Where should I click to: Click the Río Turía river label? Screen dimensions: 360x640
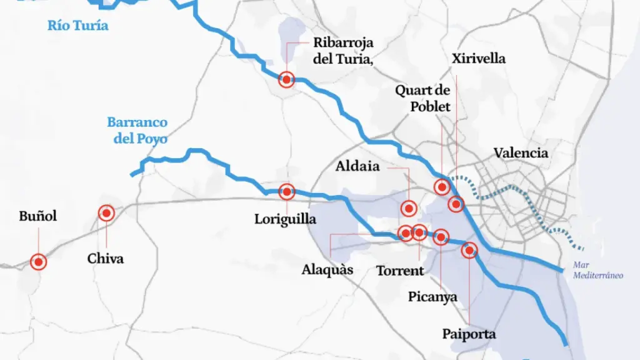78,26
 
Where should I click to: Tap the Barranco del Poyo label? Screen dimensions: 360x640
137,131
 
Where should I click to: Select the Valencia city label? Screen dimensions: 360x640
521,153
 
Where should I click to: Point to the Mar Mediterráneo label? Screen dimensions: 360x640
599,271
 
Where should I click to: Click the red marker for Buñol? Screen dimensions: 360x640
39,262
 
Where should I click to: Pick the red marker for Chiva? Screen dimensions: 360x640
106,213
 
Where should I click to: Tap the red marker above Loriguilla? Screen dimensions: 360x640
286,192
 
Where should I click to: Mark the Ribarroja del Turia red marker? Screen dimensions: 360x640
286,79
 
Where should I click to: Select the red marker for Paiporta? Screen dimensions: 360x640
469,251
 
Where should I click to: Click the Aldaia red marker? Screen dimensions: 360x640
409,208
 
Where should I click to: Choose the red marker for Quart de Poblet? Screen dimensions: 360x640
441,186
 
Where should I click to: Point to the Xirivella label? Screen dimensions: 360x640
478,59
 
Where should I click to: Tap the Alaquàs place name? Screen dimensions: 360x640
327,270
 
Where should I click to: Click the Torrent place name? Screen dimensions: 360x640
400,271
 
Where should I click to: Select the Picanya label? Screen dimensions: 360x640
433,296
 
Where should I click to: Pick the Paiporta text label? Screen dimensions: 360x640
469,334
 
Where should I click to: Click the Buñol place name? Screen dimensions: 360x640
38,216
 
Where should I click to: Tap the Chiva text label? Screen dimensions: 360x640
106,258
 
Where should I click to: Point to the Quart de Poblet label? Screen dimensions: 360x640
422,98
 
